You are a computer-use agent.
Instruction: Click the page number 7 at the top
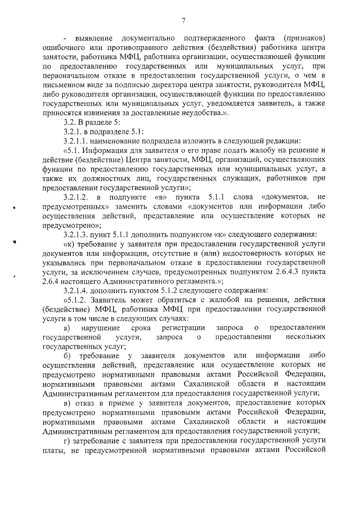pyautogui.click(x=183, y=21)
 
